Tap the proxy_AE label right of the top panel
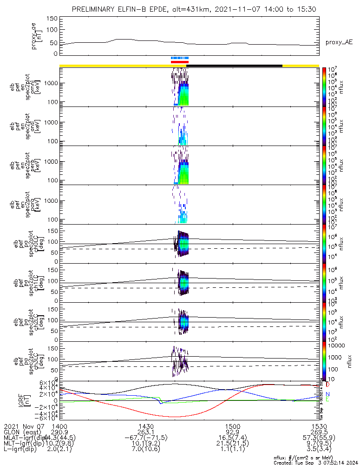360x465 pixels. point(339,42)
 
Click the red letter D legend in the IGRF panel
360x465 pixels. point(327,385)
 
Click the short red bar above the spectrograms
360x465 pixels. point(179,62)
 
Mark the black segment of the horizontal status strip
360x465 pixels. point(235,66)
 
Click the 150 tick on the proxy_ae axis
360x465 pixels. point(52,18)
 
